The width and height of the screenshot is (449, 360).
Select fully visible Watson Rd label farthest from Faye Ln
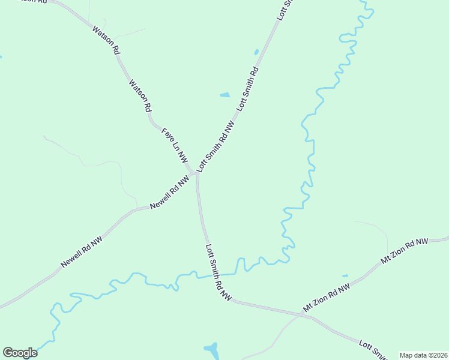click(x=106, y=40)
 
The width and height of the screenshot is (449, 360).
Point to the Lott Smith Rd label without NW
click(x=248, y=88)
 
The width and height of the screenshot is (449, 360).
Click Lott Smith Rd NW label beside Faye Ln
click(x=215, y=147)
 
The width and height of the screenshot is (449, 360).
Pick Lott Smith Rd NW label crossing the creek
click(x=218, y=271)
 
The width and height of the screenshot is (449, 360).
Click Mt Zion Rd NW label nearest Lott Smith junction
click(x=327, y=298)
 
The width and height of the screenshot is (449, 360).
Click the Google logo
click(x=20, y=353)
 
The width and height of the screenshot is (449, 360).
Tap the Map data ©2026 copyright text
click(x=423, y=355)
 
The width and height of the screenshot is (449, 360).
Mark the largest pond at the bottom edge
click(x=211, y=349)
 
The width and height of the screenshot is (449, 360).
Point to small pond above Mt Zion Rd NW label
click(x=345, y=276)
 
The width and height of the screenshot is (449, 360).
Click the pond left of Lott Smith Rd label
click(x=224, y=95)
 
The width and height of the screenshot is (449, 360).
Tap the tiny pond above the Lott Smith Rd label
click(x=256, y=52)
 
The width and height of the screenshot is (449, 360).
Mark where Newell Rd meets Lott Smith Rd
click(x=196, y=175)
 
